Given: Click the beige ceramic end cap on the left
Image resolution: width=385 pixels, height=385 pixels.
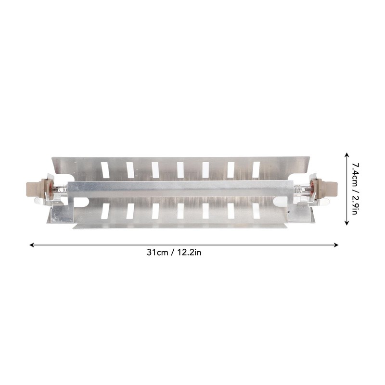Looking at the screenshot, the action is click(37, 189).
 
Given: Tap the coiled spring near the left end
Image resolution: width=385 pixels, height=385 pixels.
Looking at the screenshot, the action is click(63, 189).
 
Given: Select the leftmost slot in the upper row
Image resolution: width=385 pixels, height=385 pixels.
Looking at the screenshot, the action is click(105, 170).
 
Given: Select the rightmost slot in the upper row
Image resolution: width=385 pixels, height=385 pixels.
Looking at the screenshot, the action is click(256, 170).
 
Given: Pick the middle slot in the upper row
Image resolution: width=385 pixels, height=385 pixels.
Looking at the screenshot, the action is click(180, 170).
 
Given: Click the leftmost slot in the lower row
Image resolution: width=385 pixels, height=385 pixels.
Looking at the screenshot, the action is click(105, 211).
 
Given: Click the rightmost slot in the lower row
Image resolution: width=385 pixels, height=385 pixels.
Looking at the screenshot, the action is click(256, 211).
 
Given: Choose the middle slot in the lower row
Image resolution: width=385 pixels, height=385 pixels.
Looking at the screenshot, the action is click(180, 211).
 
